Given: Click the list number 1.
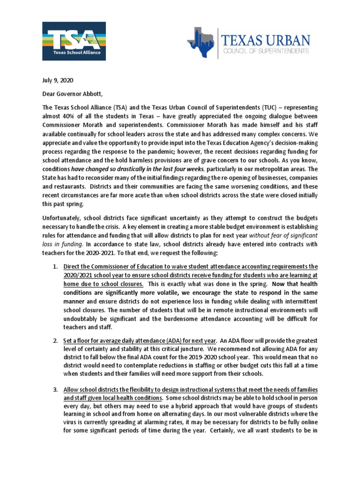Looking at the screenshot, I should click(55, 267).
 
